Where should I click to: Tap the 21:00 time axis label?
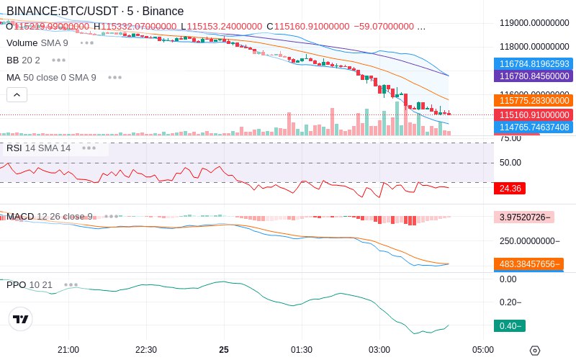pos(68,349)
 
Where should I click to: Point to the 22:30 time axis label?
pos(146,349)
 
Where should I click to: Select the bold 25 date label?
pos(224,349)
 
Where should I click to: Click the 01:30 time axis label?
pos(302,349)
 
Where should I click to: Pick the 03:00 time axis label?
pos(379,349)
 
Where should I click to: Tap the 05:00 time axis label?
pos(483,349)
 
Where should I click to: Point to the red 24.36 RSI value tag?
pos(509,189)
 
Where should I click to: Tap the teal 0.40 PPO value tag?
pos(509,326)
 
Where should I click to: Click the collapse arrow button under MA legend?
pos(17,94)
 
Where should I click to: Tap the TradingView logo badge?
pos(21,319)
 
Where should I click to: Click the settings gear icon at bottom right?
pos(534,351)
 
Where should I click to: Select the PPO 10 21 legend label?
pos(30,285)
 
